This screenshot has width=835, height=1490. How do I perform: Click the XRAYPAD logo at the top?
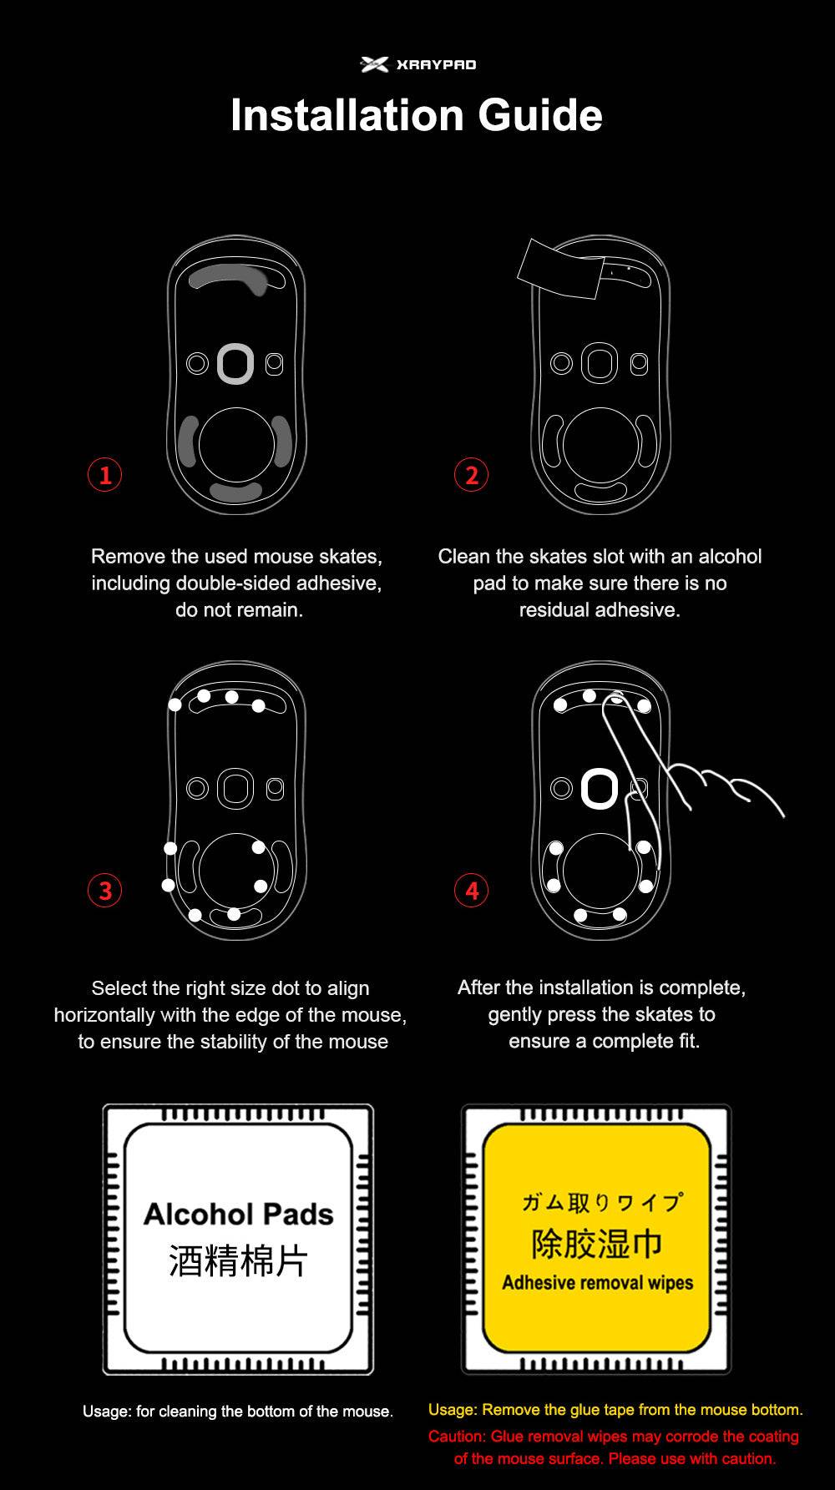[x=417, y=64]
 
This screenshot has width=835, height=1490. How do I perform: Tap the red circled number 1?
[x=105, y=475]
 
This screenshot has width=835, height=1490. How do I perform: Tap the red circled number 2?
[x=471, y=475]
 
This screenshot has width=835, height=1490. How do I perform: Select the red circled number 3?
[x=105, y=890]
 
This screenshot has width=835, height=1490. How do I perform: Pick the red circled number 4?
[x=471, y=890]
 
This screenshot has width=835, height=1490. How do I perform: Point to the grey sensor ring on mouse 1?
[x=235, y=364]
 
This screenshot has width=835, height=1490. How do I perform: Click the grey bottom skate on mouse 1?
[x=235, y=492]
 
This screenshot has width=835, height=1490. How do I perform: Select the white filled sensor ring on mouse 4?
[x=599, y=788]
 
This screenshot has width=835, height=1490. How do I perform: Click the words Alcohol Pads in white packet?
[x=238, y=1214]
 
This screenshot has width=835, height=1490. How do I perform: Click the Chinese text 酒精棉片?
[x=238, y=1260]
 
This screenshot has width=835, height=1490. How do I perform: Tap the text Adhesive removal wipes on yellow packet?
[x=597, y=1283]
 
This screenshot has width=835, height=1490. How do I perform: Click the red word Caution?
[x=456, y=1437]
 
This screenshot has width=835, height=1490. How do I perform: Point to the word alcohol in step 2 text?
[x=730, y=557]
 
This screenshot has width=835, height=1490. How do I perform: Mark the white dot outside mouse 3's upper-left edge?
[x=175, y=705]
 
